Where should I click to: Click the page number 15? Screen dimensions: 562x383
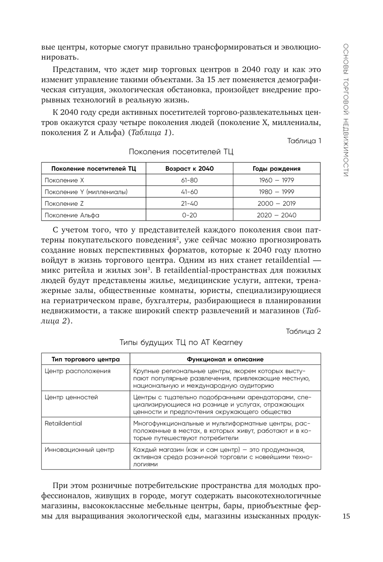click(x=346, y=516)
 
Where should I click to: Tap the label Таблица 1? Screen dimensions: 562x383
click(x=304, y=141)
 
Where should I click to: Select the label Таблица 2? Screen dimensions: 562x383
click(x=303, y=331)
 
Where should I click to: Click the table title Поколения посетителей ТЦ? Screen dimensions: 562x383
click(x=181, y=152)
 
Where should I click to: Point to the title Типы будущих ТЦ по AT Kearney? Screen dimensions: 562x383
click(x=181, y=342)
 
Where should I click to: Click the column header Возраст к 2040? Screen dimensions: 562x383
click(x=189, y=169)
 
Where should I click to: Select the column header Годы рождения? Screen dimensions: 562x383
click(x=277, y=169)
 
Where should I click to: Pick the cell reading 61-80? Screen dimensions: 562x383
click(x=189, y=180)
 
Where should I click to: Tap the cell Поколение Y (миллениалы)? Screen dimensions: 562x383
click(x=86, y=192)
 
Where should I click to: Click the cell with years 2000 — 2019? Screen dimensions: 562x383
click(x=277, y=203)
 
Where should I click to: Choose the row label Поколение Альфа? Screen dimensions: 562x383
click(x=72, y=215)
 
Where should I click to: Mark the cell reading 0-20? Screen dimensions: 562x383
click(x=189, y=215)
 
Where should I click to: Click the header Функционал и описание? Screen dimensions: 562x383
click(x=225, y=359)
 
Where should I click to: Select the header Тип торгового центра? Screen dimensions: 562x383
click(x=86, y=359)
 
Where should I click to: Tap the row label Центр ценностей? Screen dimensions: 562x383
click(x=71, y=397)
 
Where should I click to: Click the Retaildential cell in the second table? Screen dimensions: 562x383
click(x=63, y=423)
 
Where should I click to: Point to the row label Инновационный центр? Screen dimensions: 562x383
click(x=79, y=449)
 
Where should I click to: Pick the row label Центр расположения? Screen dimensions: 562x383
click(x=77, y=371)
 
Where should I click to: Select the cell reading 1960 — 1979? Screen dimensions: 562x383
click(x=277, y=180)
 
